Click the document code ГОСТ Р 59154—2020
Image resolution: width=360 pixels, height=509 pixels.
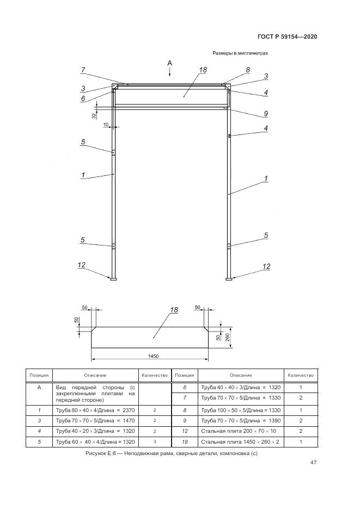click(287, 36)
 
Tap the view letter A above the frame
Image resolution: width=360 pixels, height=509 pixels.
click(169, 63)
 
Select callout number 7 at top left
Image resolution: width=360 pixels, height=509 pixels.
click(83, 70)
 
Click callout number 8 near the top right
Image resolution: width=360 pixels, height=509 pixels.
click(248, 70)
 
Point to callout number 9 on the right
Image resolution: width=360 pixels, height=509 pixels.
click(266, 114)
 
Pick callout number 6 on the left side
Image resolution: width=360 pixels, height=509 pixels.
click(83, 99)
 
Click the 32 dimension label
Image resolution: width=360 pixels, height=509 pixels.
click(94, 115)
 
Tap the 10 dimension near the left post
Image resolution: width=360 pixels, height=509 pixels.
click(106, 125)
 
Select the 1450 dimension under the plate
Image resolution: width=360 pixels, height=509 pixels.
click(153, 356)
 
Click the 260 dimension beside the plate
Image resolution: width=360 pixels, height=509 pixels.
click(227, 338)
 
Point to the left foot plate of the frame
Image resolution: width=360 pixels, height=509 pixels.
click(113, 279)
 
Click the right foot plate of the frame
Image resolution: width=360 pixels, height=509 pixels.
click(229, 279)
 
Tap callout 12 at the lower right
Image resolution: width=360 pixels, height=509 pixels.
click(266, 267)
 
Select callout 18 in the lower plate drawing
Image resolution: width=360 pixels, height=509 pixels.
click(174, 310)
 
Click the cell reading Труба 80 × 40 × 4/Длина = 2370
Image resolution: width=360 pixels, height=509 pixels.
click(95, 410)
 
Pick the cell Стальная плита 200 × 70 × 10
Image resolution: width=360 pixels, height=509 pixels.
click(238, 431)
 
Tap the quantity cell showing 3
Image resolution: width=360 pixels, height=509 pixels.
click(155, 442)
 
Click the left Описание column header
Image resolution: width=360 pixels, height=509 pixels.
click(95, 375)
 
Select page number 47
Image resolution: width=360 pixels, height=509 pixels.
click(314, 463)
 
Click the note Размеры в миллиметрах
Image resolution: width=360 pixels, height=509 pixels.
click(240, 53)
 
